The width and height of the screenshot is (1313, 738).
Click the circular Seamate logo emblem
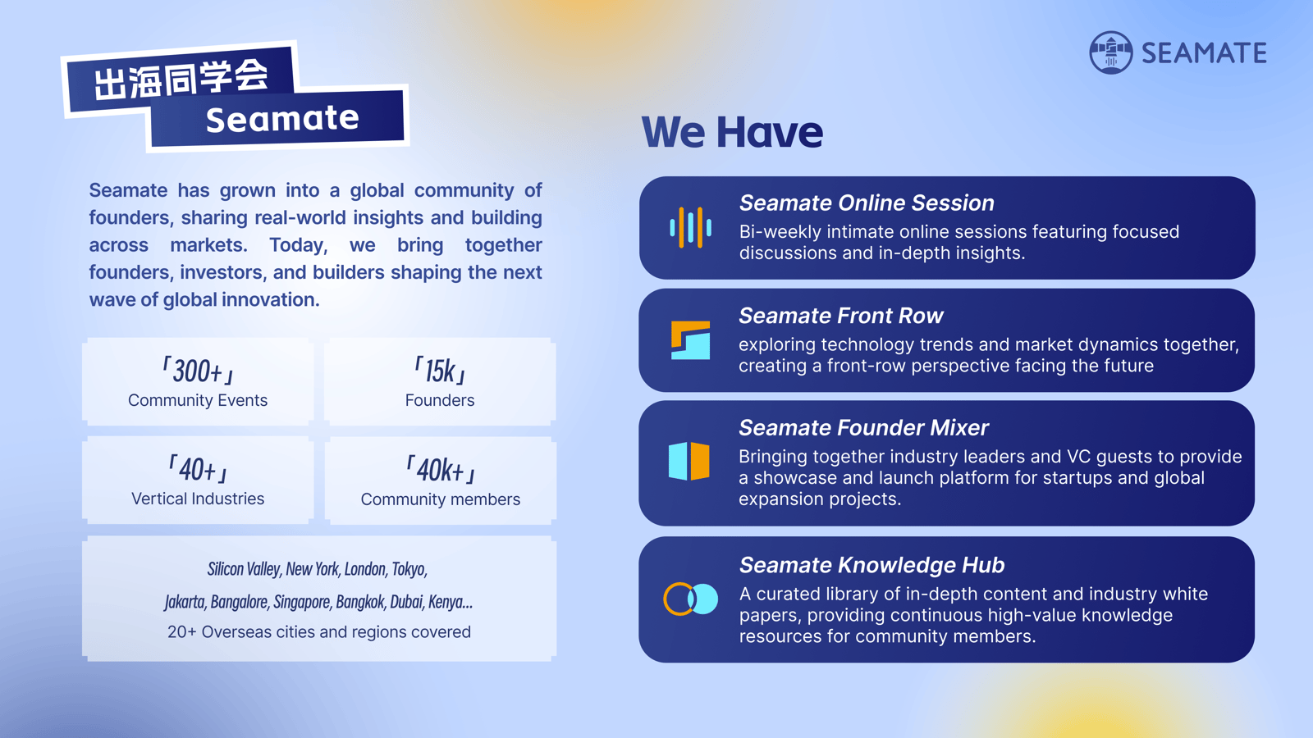coord(1110,52)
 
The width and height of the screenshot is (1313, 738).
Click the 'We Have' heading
coord(732,132)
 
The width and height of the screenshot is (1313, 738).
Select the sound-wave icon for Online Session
coord(690,227)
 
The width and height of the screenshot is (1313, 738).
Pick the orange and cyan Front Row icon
coord(690,339)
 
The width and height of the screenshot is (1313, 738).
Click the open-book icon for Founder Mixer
coord(689,461)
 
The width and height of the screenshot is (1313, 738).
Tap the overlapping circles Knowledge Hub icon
coord(690,599)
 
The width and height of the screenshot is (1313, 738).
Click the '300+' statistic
coord(198,371)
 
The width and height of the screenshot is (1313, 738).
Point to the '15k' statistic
coord(440,371)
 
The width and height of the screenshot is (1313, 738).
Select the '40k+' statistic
coord(440,470)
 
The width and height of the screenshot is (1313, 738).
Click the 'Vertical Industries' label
coord(198,499)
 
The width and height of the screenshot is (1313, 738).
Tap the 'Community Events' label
coord(198,400)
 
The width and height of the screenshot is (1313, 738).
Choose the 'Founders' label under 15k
coord(440,400)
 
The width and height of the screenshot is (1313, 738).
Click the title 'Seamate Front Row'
coord(840,316)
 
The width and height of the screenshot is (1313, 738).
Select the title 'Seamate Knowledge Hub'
coord(872,565)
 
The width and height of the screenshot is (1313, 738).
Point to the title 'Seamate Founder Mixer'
coord(863,427)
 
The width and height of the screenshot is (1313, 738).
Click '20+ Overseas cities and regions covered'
coord(319,632)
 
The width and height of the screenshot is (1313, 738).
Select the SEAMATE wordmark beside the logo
coord(1204,52)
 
